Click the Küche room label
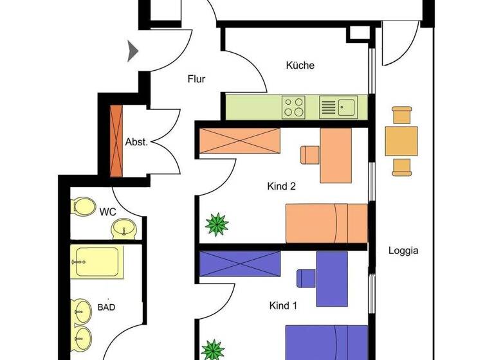point(300,65)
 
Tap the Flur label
point(196,80)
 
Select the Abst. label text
point(136,142)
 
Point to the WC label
point(107,210)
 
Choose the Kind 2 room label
point(281,187)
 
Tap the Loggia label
point(403,251)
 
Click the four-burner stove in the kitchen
point(294,106)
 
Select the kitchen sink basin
point(347,106)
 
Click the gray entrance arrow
point(133,51)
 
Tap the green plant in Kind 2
point(217,225)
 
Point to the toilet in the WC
point(82,206)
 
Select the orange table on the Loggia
point(401,141)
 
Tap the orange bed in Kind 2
point(325,222)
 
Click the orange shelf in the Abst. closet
point(116,139)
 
